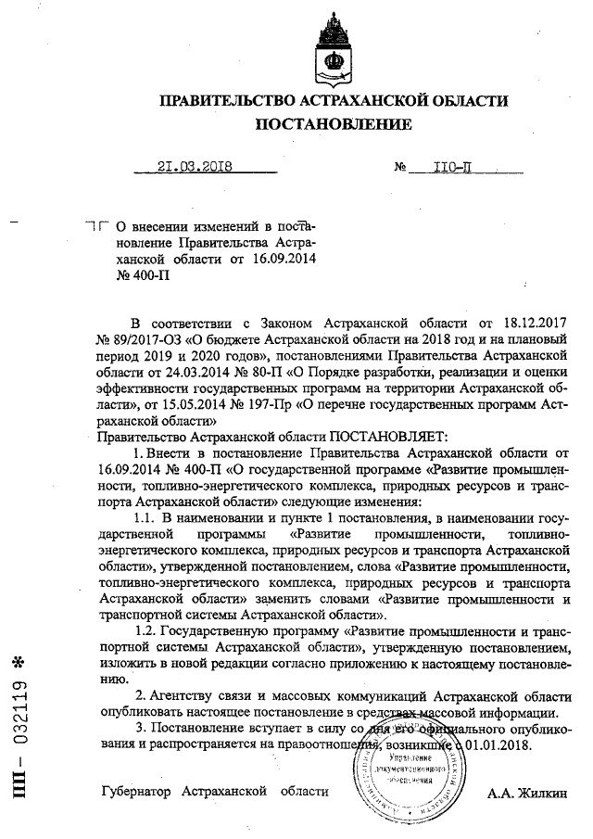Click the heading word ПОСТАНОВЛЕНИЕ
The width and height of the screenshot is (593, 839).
point(334,124)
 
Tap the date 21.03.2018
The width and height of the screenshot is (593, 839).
point(194,168)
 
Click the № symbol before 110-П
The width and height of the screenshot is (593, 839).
point(401,169)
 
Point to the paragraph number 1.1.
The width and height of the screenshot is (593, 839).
point(148,517)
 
